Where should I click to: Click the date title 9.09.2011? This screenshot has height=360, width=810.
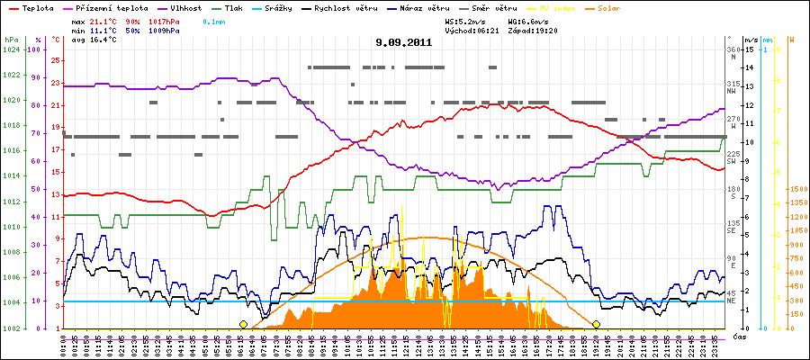pyautogui.click(x=404, y=41)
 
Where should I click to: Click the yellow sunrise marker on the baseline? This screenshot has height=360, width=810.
pyautogui.click(x=243, y=324)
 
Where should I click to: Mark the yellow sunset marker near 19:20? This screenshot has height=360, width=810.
pyautogui.click(x=596, y=324)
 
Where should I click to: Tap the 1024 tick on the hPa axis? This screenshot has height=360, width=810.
pyautogui.click(x=11, y=49)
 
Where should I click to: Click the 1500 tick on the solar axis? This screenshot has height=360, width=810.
pyautogui.click(x=797, y=190)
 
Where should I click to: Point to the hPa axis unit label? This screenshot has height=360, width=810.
pyautogui.click(x=11, y=40)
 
